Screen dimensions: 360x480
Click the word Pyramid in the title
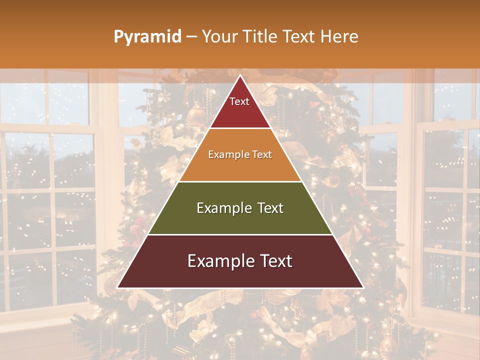(x=147, y=37)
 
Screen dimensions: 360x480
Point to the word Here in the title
(x=339, y=36)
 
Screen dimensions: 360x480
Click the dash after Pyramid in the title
(x=192, y=37)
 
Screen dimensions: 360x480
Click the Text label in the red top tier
(x=239, y=101)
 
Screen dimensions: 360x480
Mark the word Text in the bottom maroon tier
(x=274, y=261)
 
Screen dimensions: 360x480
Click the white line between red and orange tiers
(x=240, y=128)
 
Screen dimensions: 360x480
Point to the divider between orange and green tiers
(x=240, y=181)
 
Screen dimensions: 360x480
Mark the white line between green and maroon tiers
(x=240, y=234)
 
